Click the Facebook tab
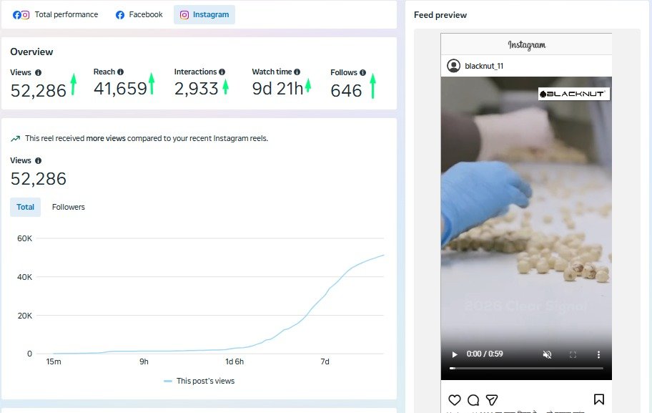pyautogui.click(x=139, y=14)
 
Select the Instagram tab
pyautogui.click(x=204, y=14)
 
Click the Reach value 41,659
pyautogui.click(x=120, y=89)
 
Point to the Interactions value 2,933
pyautogui.click(x=196, y=89)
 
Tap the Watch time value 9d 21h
pyautogui.click(x=277, y=89)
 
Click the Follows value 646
pyautogui.click(x=346, y=91)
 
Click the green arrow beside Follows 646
pyautogui.click(x=372, y=86)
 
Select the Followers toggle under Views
pyautogui.click(x=69, y=207)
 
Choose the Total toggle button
pyautogui.click(x=26, y=207)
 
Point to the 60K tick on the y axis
pyautogui.click(x=24, y=238)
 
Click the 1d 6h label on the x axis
pyautogui.click(x=234, y=362)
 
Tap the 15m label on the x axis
pyautogui.click(x=54, y=362)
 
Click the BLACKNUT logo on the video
pyautogui.click(x=573, y=94)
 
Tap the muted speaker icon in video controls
pyautogui.click(x=548, y=354)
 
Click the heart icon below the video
pyautogui.click(x=454, y=399)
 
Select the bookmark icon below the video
pyautogui.click(x=599, y=399)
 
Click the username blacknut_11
pyautogui.click(x=485, y=66)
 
